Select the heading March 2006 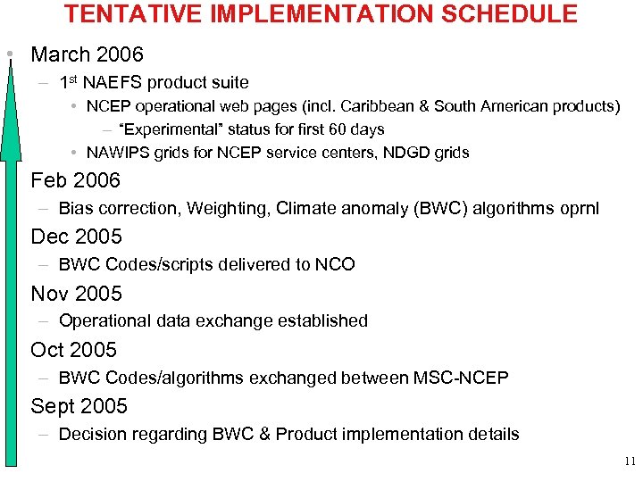click(87, 54)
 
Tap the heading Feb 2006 click(75, 180)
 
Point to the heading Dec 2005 click(76, 237)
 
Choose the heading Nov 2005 click(76, 293)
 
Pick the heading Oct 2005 click(73, 349)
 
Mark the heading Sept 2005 click(79, 405)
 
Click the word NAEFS click(112, 83)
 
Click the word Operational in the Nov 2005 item click(102, 320)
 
